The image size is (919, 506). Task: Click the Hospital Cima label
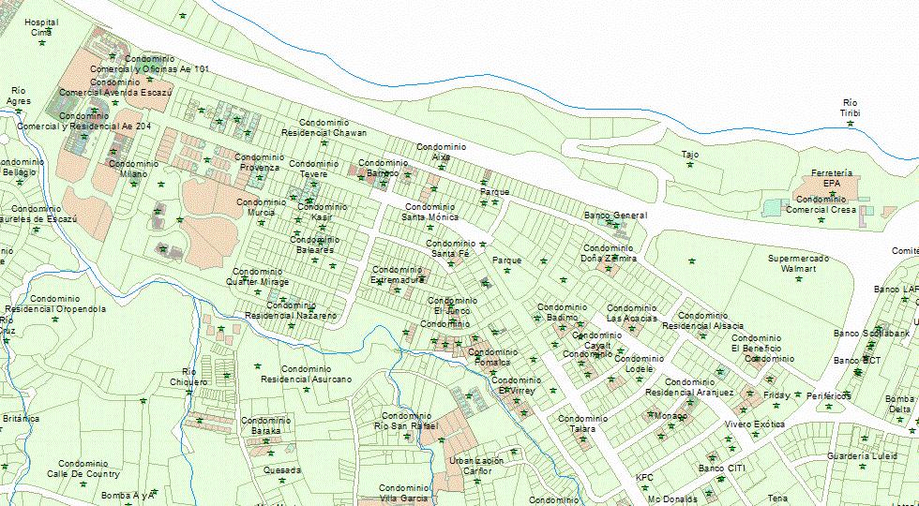click(40, 27)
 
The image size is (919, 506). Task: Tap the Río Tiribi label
click(850, 108)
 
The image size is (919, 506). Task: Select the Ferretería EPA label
click(831, 178)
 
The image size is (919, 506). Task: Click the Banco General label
click(615, 216)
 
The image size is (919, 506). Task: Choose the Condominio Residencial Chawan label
click(324, 128)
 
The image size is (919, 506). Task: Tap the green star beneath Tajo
click(690, 165)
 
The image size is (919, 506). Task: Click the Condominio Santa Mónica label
click(429, 212)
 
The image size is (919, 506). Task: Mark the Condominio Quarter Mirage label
click(261, 276)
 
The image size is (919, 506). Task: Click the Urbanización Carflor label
click(476, 466)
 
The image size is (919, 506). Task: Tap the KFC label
click(644, 478)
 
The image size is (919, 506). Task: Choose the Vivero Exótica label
click(755, 424)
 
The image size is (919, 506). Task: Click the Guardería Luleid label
click(862, 456)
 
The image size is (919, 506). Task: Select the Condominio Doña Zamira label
click(609, 253)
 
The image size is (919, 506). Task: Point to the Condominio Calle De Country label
click(83, 469)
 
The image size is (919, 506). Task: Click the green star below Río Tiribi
click(851, 124)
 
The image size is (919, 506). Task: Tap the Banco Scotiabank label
click(871, 333)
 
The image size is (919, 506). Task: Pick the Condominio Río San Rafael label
click(406, 421)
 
